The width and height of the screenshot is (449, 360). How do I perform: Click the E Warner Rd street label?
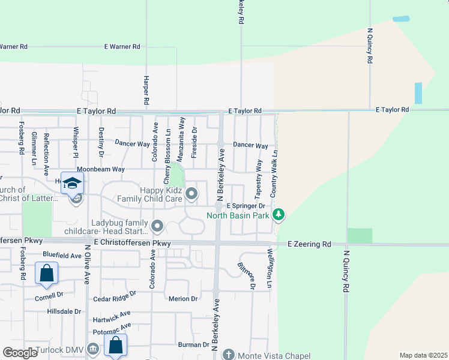pyautogui.click(x=122, y=46)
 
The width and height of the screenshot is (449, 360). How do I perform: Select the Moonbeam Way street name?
pyautogui.click(x=100, y=170)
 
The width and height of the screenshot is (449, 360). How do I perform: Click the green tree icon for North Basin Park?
pyautogui.click(x=278, y=214)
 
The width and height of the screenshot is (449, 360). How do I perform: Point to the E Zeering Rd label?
pyautogui.click(x=309, y=244)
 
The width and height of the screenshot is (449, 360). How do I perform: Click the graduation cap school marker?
pyautogui.click(x=72, y=183)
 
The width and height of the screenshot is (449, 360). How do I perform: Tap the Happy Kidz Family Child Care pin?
pyautogui.click(x=191, y=193)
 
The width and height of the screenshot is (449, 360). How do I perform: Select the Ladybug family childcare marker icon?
pyautogui.click(x=157, y=226)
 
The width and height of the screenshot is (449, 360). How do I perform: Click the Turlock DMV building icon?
pyautogui.click(x=92, y=349)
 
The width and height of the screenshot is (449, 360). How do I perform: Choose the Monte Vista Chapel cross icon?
pyautogui.click(x=228, y=355)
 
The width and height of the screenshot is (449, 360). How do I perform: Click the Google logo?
pyautogui.click(x=20, y=353)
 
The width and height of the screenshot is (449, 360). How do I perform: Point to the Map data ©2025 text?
pyautogui.click(x=423, y=355)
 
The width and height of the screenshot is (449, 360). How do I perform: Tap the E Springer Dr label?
pyautogui.click(x=245, y=206)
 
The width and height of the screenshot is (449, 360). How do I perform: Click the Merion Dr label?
pyautogui.click(x=183, y=298)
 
